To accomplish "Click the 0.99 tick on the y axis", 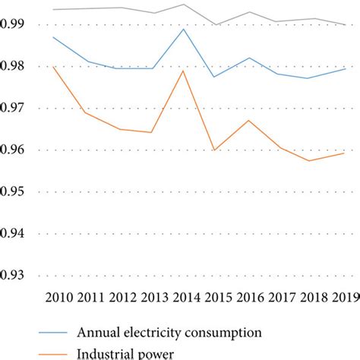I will (11, 24).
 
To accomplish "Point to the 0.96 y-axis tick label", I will (11, 150).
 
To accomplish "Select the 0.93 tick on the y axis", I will (11, 275).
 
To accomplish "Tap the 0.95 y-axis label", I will (11, 191).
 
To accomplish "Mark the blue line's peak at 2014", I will (184, 29).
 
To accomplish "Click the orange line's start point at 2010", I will (53, 66).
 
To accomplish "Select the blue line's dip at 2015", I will (216, 77).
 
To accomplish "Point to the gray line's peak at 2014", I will (184, 5).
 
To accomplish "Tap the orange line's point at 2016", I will (248, 120).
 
